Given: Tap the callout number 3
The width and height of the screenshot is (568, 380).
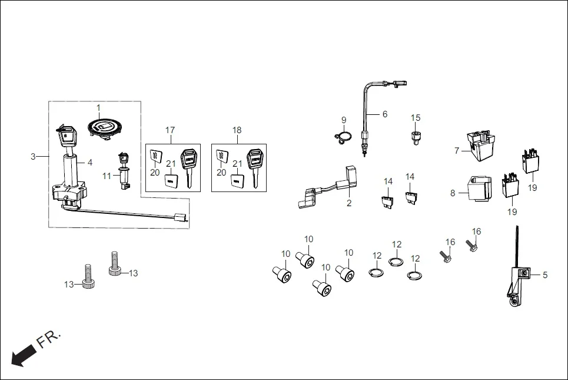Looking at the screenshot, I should pos(34,156).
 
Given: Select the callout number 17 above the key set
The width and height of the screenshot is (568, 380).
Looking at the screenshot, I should pos(170,130).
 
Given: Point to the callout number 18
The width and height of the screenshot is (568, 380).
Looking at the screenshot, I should pos(237,130).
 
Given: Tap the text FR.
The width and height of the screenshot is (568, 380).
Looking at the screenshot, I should pos(48,340).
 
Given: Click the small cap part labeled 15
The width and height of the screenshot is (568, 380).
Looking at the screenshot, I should pos(417,138).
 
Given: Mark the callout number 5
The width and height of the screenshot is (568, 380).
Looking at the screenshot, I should pos(544,275).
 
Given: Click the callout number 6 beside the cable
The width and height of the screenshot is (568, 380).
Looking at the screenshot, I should pos(385,114).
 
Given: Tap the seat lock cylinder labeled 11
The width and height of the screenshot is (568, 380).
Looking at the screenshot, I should pos(124,171).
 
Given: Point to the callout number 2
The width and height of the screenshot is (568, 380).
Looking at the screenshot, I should pos(348,203).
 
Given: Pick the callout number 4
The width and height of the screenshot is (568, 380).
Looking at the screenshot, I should pos(90,162).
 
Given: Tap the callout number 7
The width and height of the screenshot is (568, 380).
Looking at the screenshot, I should pos(456,151).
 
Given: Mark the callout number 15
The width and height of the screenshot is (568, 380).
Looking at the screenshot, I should pos(416,118).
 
